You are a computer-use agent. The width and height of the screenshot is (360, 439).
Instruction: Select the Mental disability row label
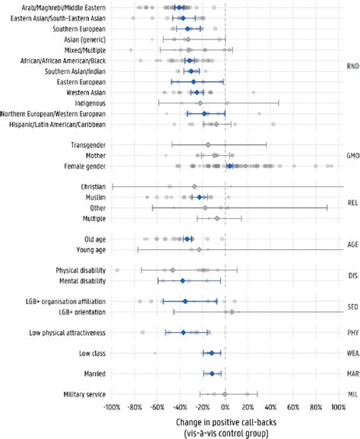pos(79,280)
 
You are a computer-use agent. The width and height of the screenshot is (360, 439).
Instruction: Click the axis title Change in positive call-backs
pos(225,422)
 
